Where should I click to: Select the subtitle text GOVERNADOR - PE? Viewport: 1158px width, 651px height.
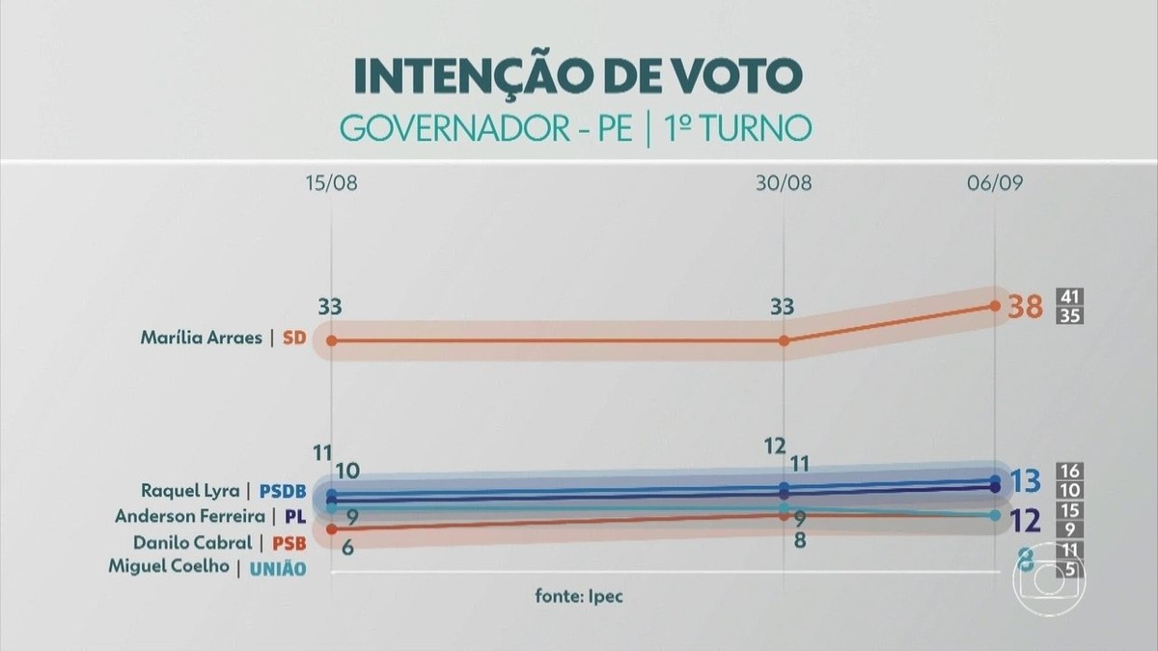click(x=486, y=128)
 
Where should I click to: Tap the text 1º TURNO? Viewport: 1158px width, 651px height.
click(x=737, y=128)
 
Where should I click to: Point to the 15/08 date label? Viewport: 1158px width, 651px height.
click(x=331, y=183)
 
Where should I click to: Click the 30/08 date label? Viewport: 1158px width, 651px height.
click(x=784, y=183)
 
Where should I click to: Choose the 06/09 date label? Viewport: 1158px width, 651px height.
click(x=995, y=183)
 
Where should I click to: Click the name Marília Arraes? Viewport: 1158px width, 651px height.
click(x=202, y=338)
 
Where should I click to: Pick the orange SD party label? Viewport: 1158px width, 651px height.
click(x=294, y=338)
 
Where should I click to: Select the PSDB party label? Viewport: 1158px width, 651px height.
click(x=283, y=491)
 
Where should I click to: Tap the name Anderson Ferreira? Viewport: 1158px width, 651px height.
click(x=190, y=516)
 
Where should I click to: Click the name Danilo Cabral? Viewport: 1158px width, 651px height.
click(x=193, y=542)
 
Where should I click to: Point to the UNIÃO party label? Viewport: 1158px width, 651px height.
click(x=278, y=569)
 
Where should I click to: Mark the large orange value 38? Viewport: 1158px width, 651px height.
click(x=1026, y=307)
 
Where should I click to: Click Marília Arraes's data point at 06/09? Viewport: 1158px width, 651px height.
click(x=995, y=306)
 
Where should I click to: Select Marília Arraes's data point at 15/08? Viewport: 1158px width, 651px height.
click(x=332, y=340)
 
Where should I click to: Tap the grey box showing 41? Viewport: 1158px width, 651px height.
click(x=1069, y=297)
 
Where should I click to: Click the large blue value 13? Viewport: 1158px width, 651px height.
click(x=1025, y=481)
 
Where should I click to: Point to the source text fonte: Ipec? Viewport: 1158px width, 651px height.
click(x=579, y=596)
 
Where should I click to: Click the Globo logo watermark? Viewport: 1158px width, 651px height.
click(x=1050, y=581)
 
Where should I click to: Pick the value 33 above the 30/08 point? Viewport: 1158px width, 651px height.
click(x=783, y=307)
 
